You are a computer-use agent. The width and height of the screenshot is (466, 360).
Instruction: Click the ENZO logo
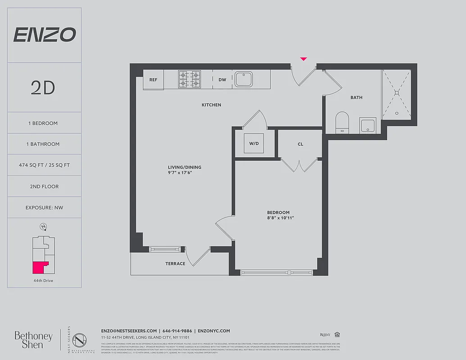tap(44, 35)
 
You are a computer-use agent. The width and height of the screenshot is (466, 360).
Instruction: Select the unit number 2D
tap(43, 88)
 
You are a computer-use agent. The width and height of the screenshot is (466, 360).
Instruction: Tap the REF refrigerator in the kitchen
tap(153, 80)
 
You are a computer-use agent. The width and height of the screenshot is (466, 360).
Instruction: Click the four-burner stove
tap(189, 79)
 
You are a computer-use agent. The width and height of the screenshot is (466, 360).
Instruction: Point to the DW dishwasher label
tap(222, 80)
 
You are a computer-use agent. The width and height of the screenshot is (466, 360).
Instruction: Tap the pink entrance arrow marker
tap(303, 59)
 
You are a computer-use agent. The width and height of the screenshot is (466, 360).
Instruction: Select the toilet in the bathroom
tap(342, 122)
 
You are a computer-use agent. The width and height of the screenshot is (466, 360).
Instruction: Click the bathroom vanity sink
tap(368, 126)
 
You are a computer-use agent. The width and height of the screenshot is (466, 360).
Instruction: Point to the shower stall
tap(396, 94)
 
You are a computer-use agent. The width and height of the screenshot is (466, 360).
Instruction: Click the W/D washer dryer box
tap(254, 144)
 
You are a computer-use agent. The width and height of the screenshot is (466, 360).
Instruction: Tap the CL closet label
tap(300, 144)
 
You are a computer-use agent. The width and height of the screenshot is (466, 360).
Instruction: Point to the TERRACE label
tap(175, 264)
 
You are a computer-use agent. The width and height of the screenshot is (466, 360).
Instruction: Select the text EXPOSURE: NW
tap(44, 207)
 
